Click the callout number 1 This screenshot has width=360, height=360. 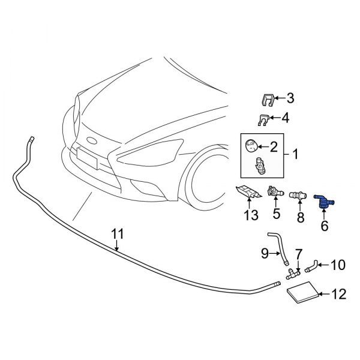295,155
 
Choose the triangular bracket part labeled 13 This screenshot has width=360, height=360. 247,194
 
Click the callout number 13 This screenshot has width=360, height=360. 250,215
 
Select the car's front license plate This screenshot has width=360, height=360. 87,159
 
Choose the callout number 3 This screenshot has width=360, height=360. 290,98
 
